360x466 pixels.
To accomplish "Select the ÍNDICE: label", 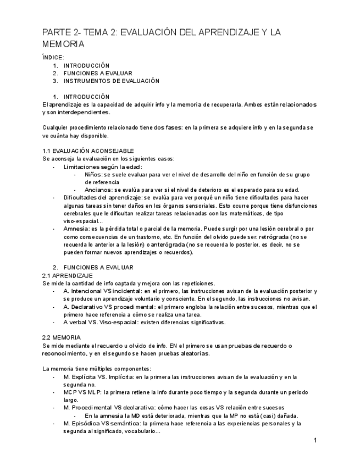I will [53, 57].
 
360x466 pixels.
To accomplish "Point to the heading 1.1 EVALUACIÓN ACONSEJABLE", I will [88, 151].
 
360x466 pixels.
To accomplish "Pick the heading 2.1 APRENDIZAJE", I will [68, 275].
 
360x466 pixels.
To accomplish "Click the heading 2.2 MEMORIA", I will [62, 337].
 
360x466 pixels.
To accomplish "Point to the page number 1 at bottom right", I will [315, 441].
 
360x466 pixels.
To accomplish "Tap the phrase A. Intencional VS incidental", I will [103, 291].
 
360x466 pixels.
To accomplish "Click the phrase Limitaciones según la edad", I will [102, 167].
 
